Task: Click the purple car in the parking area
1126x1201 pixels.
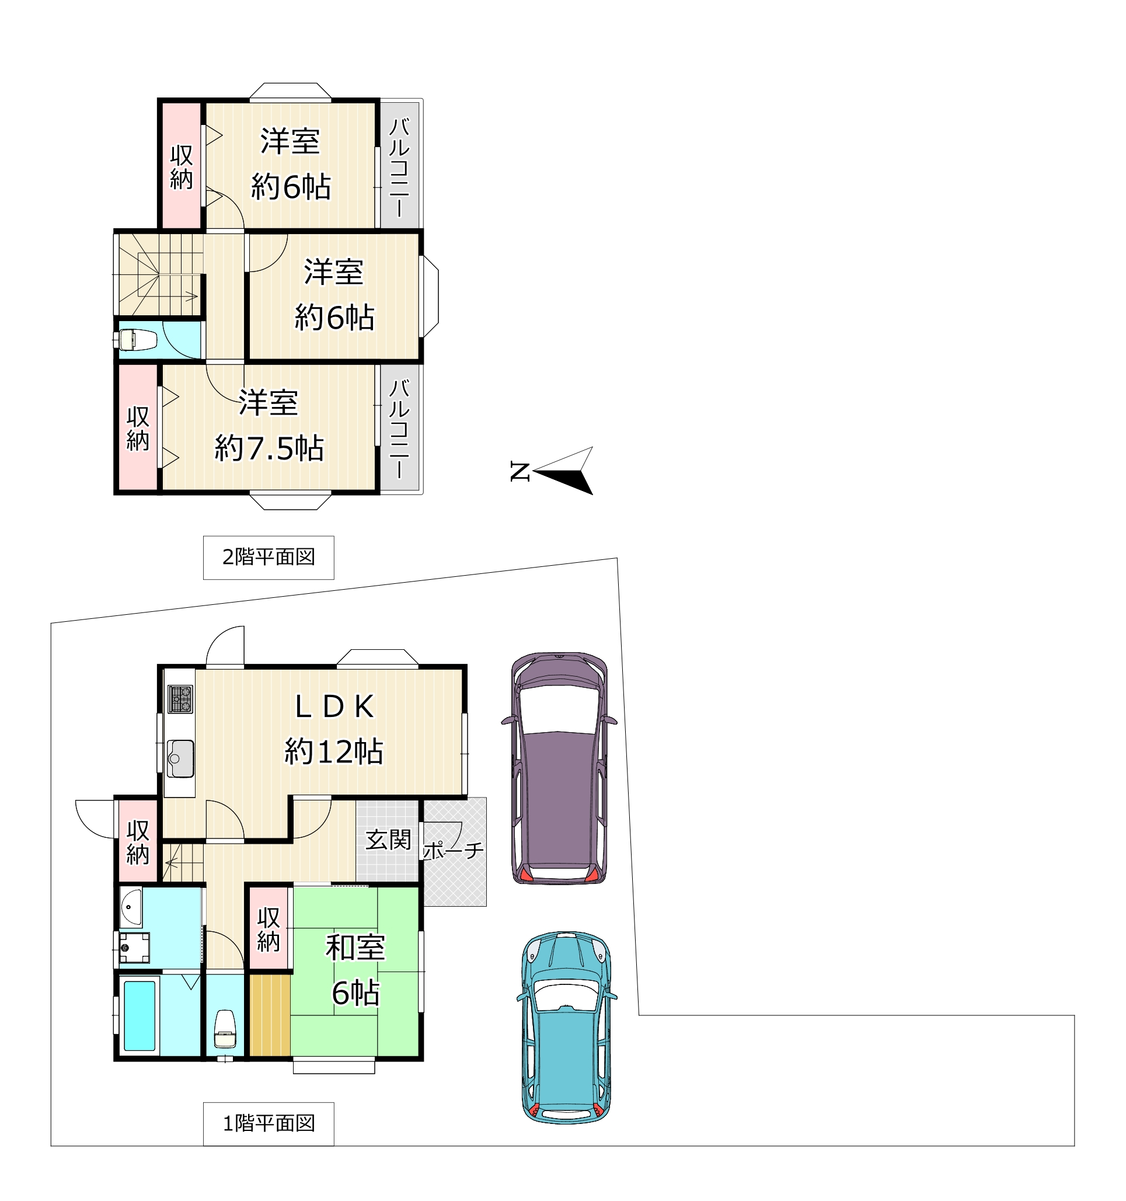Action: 559,768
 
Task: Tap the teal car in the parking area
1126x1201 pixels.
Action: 566,1028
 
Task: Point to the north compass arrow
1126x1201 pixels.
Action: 562,471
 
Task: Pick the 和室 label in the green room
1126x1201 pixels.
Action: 355,947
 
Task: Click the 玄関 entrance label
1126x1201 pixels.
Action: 388,840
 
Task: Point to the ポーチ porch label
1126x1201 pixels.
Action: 453,851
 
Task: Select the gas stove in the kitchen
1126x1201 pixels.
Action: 180,699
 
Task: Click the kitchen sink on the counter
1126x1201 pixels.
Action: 180,759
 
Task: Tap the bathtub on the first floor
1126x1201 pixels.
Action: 140,1015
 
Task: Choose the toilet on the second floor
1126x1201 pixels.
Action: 138,340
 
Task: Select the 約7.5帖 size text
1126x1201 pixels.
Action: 270,448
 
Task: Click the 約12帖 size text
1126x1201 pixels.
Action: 334,752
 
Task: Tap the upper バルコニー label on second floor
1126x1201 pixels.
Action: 399,168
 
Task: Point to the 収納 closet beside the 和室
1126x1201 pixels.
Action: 269,930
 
